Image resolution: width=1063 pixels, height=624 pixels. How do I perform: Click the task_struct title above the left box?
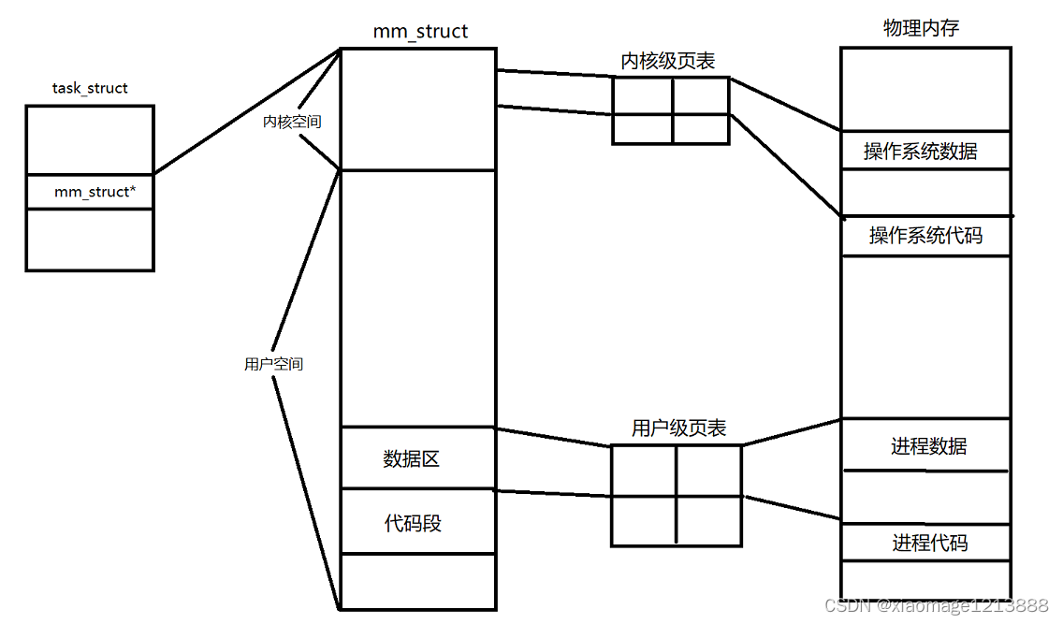coord(90,89)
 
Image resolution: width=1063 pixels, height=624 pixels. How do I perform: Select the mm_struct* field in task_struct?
coord(90,192)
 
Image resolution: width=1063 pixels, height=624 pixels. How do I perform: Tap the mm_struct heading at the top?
coord(420,32)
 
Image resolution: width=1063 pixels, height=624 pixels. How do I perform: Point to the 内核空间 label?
coord(292,122)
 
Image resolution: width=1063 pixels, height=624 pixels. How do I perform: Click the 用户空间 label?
coord(273,364)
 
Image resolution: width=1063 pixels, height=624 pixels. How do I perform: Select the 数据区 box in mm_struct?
coord(416,458)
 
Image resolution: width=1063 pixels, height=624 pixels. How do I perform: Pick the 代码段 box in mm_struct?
coord(416,522)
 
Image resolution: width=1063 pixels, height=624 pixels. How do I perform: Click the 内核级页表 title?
coord(668,61)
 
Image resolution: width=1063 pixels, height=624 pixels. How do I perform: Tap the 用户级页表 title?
coord(678,428)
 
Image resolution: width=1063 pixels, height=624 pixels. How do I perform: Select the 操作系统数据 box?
coord(925,151)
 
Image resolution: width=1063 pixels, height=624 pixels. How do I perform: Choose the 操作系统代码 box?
coord(925,236)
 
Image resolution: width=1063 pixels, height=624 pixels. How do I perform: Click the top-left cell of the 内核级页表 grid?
coord(642,95)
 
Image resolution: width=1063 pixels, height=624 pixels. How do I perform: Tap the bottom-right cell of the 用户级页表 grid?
coord(708,520)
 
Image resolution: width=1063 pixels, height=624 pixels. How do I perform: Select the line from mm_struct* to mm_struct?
coord(245,111)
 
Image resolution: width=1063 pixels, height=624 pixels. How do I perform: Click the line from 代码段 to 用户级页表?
coord(552,493)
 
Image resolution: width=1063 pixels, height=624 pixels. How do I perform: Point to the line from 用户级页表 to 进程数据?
coord(791,431)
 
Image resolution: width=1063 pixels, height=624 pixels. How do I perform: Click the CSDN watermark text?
coord(936,605)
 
